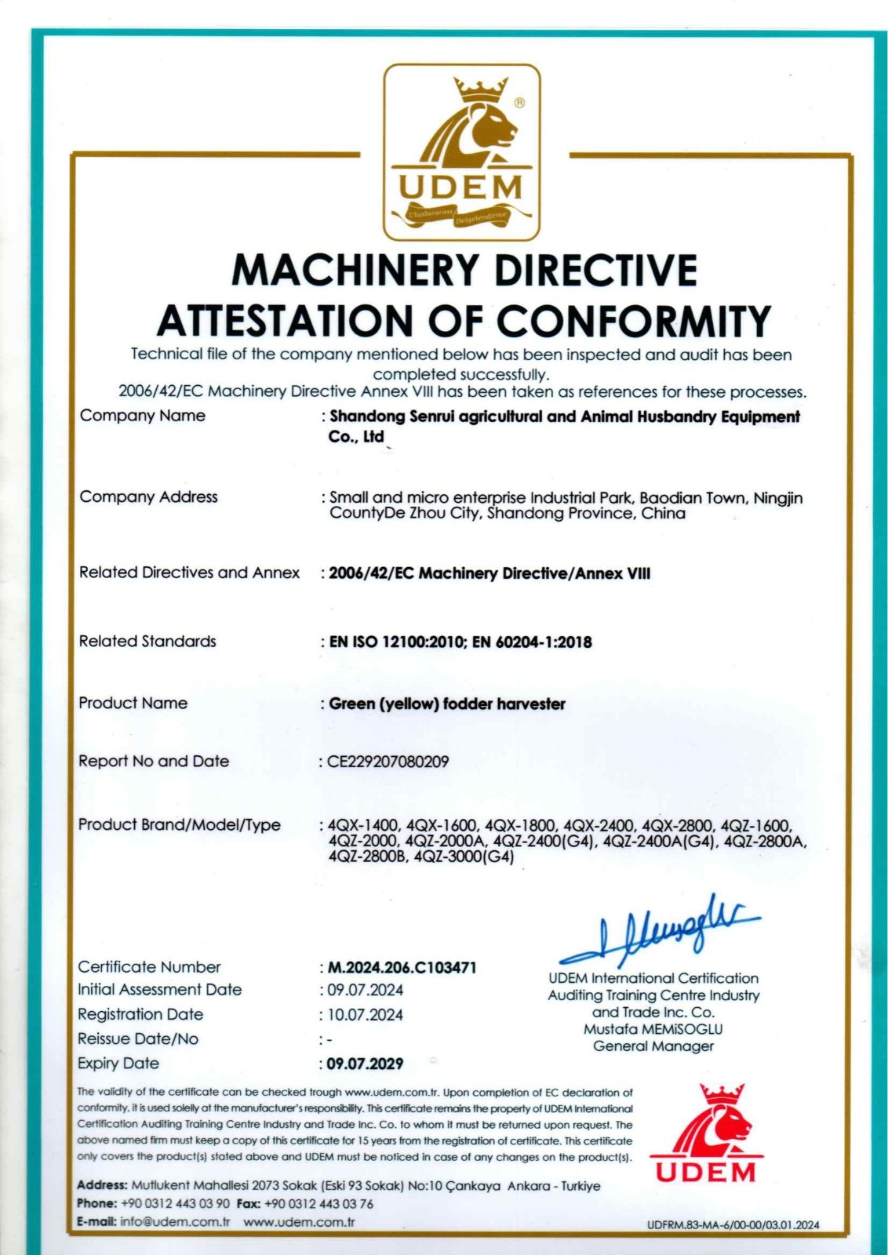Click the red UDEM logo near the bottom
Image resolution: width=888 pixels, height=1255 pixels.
705,1133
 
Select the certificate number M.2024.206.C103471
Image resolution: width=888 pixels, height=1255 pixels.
402,967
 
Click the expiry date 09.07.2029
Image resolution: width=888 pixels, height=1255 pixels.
365,1064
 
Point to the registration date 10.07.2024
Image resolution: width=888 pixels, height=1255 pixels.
365,1014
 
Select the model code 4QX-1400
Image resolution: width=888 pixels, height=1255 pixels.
363,825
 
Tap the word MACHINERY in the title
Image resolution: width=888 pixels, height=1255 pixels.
355,270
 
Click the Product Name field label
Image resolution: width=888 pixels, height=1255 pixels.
133,703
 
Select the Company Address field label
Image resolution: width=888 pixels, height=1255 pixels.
148,497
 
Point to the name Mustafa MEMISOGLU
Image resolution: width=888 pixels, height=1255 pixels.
653,1029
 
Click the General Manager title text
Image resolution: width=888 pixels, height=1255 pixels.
653,1046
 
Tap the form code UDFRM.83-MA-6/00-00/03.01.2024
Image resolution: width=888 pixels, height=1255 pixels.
733,1225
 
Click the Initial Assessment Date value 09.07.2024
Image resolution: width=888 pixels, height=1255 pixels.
365,990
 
